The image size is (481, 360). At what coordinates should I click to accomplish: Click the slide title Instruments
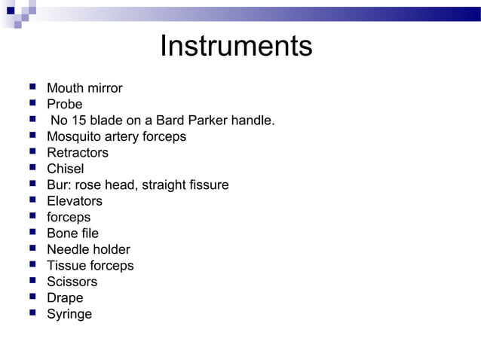point(236,47)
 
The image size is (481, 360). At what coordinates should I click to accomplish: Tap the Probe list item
point(64,104)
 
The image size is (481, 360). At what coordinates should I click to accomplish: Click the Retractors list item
point(78,153)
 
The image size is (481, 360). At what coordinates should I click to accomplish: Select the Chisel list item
point(66,169)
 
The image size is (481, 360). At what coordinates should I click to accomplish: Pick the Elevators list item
point(75,201)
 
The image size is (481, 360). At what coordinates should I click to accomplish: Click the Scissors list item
point(72,282)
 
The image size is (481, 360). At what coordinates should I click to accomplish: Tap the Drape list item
point(65,297)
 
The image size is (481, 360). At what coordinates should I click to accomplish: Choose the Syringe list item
point(69,314)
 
